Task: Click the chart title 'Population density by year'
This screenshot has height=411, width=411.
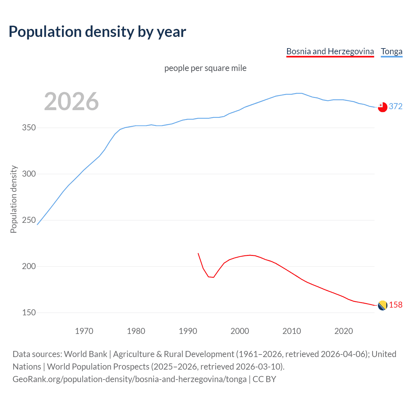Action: [x=97, y=31]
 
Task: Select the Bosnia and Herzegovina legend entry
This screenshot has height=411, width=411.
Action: [x=330, y=51]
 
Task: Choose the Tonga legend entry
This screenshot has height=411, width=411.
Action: [x=391, y=51]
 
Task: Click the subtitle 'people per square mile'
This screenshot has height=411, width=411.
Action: [x=205, y=68]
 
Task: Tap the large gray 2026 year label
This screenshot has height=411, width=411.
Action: [x=71, y=101]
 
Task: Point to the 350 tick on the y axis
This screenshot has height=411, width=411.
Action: [x=29, y=128]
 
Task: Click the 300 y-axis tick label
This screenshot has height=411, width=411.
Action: [x=29, y=174]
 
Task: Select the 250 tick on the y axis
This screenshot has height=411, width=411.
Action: [x=29, y=220]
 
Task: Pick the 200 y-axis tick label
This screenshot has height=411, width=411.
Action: [x=29, y=267]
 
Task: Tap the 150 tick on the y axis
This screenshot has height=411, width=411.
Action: [x=29, y=313]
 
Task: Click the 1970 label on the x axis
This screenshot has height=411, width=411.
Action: [x=84, y=331]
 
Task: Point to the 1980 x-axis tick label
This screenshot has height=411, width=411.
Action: [x=136, y=331]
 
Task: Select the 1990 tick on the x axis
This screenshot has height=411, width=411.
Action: [x=188, y=331]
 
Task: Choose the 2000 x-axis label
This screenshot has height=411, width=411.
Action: [x=240, y=331]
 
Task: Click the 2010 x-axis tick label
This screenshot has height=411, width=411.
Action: [x=292, y=331]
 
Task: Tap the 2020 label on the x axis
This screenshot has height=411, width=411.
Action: [x=344, y=331]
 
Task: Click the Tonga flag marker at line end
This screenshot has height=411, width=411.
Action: [x=382, y=107]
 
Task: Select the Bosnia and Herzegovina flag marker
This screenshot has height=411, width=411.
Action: [x=382, y=305]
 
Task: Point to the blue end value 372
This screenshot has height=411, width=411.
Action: [x=396, y=106]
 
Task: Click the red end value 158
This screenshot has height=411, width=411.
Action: [x=396, y=305]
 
